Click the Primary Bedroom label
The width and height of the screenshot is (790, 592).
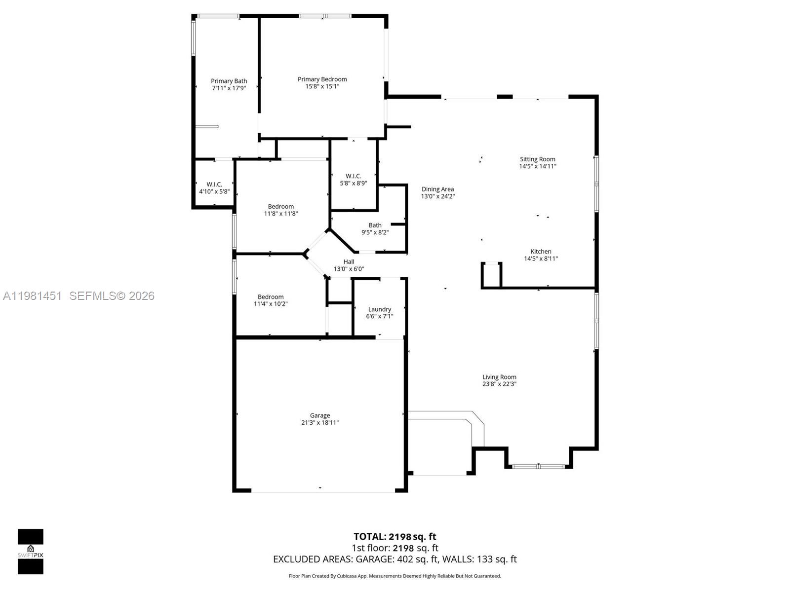322,79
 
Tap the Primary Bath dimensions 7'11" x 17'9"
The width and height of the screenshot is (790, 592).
229,88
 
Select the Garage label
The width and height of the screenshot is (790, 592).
320,415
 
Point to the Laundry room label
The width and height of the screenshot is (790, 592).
379,309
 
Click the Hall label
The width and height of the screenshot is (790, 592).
349,262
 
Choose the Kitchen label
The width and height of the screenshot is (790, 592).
541,252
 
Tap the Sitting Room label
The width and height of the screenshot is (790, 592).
537,159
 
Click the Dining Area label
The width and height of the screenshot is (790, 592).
437,189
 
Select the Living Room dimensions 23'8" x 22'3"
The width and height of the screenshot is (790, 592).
499,384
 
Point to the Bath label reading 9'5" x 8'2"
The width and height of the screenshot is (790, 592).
375,225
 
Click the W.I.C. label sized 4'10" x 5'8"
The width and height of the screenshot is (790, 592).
214,185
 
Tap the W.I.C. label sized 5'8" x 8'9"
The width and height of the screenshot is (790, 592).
353,176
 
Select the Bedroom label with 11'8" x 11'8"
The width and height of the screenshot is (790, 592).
280,207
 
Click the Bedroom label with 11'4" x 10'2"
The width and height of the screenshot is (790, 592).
271,297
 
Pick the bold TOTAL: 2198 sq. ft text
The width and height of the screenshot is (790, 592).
395,536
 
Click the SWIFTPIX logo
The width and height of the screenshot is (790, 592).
31,552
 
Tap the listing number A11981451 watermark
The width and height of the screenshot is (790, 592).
33,296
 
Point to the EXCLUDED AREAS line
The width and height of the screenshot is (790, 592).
395,559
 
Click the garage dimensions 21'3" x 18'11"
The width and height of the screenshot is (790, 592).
320,423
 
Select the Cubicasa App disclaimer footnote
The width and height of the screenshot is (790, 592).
395,576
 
